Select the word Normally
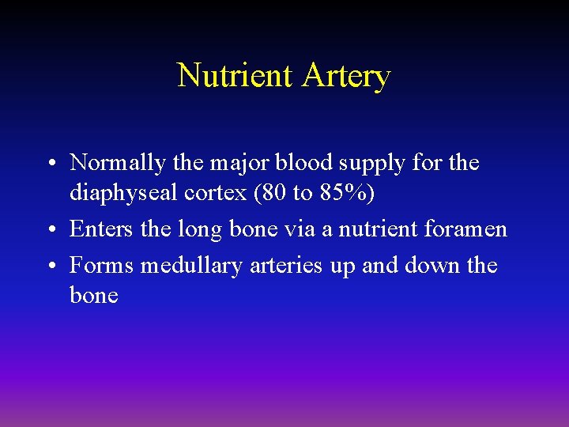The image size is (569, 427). [118, 163]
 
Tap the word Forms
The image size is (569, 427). [101, 266]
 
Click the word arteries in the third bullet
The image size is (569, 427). [286, 266]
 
